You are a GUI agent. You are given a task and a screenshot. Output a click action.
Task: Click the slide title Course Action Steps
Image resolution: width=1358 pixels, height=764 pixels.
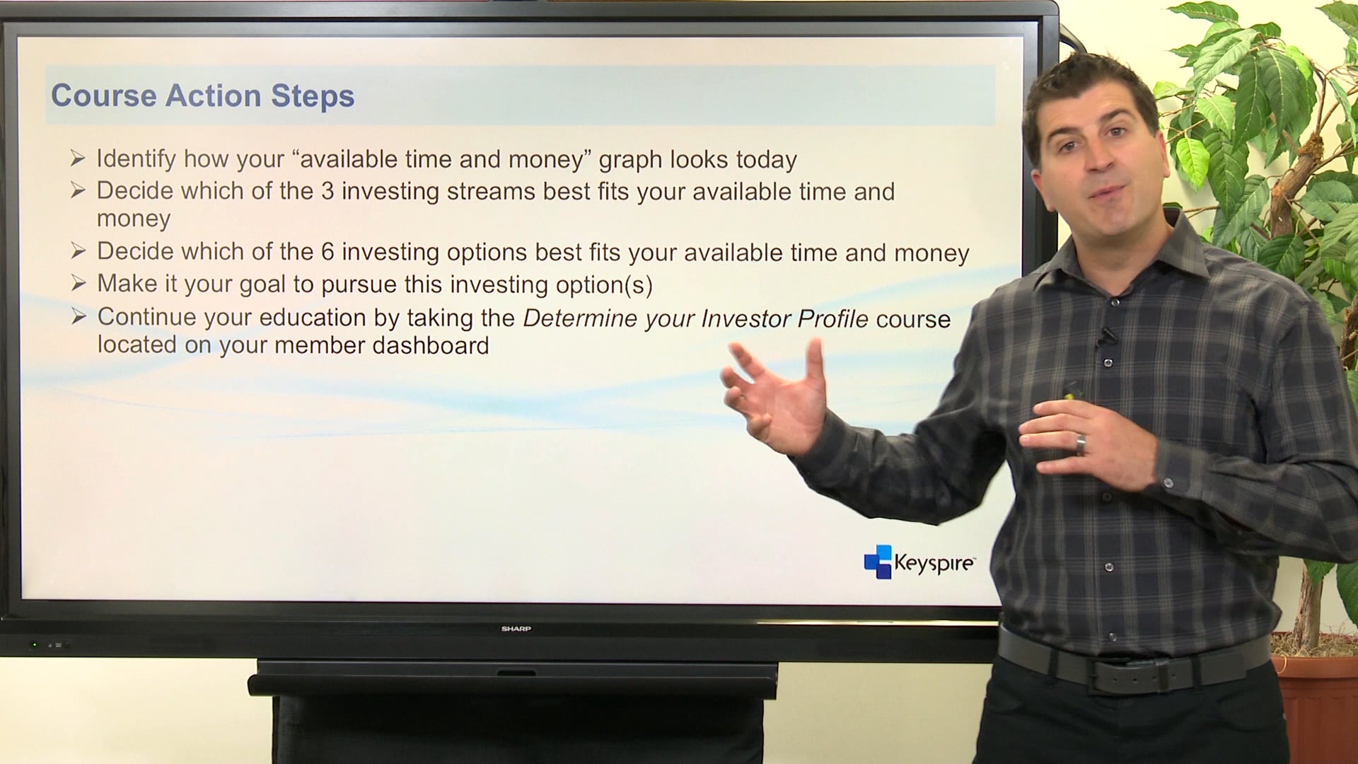(202, 96)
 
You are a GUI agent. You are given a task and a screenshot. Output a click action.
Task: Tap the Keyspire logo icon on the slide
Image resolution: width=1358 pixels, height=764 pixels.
(878, 562)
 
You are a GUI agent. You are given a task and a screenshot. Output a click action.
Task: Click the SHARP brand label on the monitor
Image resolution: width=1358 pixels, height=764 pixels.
(516, 628)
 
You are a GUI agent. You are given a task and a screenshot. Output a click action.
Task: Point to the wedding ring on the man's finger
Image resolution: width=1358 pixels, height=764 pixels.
(1080, 444)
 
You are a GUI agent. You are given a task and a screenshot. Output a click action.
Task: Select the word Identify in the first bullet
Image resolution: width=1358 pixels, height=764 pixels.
(136, 159)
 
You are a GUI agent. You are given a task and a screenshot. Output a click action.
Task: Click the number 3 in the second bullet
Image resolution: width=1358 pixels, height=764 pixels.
(327, 191)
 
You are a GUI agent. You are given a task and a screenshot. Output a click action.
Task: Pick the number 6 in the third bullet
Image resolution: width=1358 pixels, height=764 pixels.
(327, 252)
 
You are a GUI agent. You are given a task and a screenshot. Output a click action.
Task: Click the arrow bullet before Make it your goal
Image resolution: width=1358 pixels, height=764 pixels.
(79, 284)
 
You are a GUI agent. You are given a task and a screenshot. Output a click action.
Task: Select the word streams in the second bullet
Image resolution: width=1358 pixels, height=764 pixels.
(491, 192)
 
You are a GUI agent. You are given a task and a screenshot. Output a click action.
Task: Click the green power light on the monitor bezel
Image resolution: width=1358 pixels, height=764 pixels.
(34, 645)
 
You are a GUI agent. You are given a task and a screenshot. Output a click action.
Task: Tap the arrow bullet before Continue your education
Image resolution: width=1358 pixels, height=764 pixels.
(79, 316)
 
